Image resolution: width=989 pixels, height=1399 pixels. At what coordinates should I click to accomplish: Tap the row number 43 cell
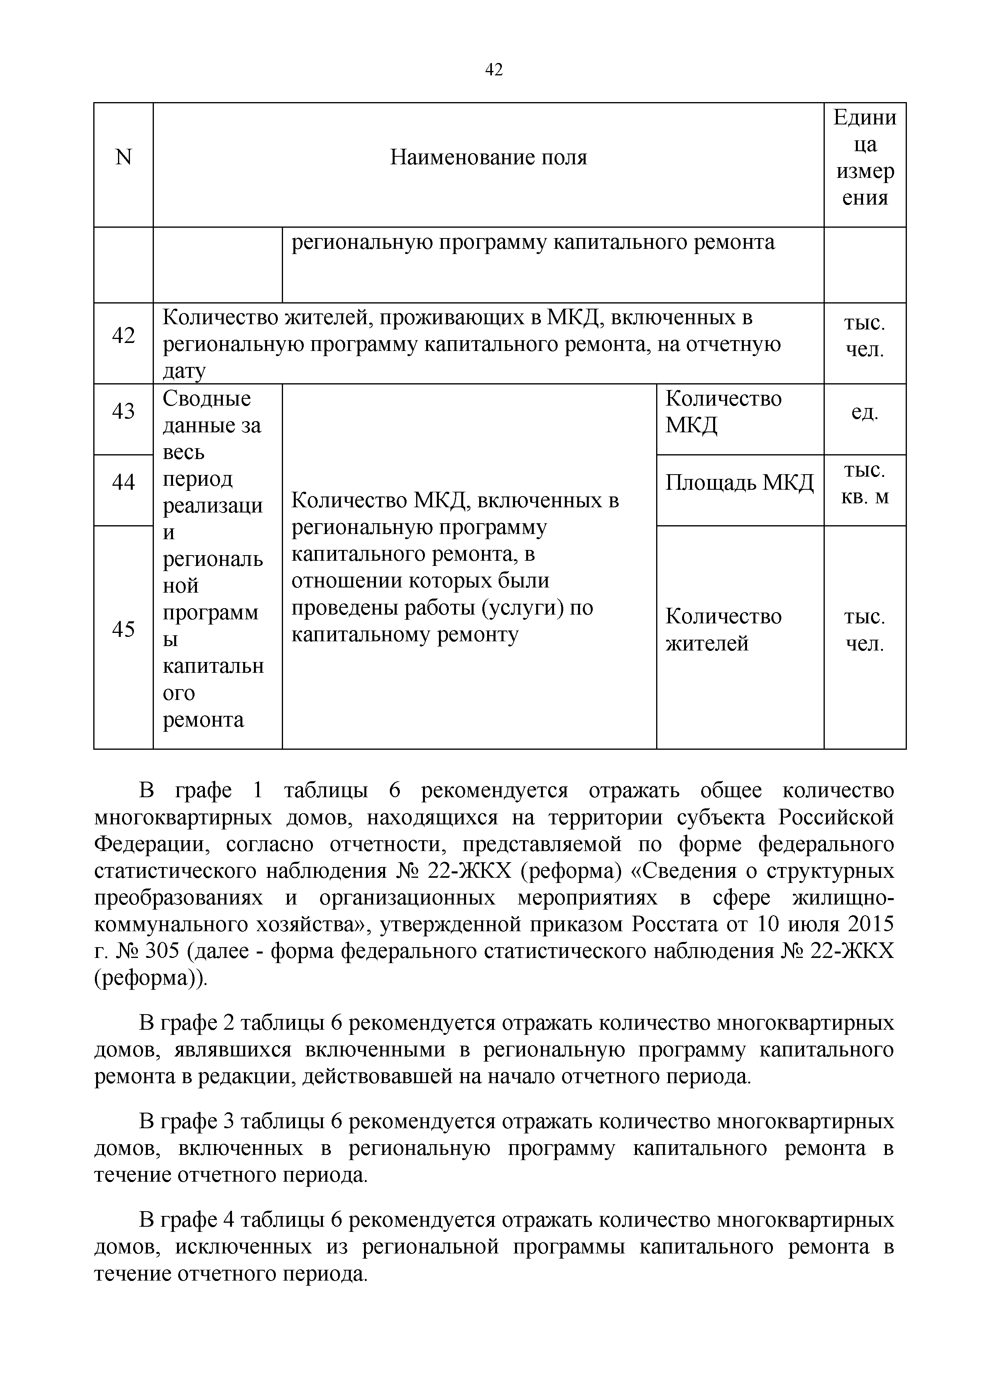click(x=123, y=412)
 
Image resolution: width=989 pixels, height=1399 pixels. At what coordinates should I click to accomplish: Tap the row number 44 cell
click(x=123, y=483)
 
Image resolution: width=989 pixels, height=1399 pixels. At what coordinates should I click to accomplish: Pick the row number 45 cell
click(x=123, y=629)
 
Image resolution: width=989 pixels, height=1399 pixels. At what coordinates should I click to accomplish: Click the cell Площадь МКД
click(x=739, y=483)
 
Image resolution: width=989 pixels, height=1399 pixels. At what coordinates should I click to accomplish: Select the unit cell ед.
click(x=864, y=412)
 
